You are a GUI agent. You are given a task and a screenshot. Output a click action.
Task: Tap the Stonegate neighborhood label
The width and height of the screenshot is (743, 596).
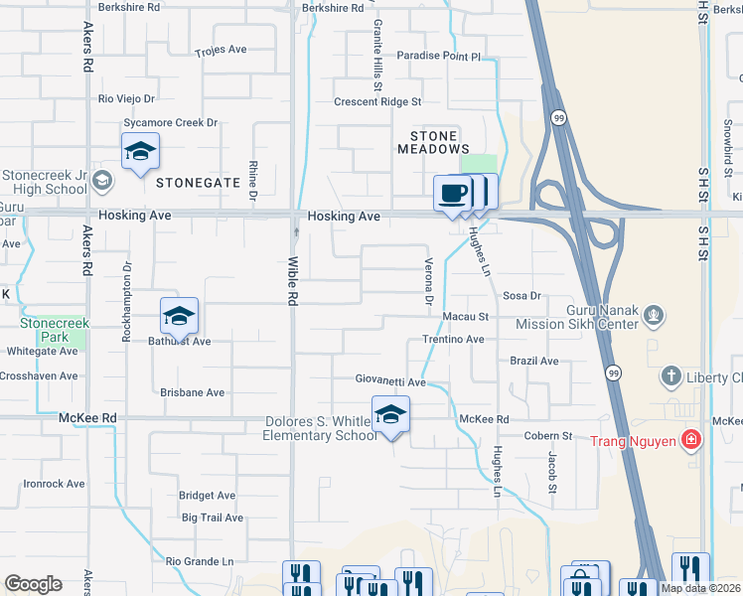[198, 183]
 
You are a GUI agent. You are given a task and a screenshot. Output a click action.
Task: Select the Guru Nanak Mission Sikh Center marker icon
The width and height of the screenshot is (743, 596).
[653, 316]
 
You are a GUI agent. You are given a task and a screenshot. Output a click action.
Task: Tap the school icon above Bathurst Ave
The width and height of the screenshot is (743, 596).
[179, 316]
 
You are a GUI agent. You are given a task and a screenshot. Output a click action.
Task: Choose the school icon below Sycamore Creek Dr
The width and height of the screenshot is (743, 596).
[140, 152]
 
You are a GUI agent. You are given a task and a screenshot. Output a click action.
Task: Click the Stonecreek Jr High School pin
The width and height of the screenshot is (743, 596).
[105, 182]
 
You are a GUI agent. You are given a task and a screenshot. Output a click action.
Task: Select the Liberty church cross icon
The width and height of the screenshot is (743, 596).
[671, 376]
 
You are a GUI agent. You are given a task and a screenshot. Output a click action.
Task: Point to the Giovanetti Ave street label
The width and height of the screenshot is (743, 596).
[391, 381]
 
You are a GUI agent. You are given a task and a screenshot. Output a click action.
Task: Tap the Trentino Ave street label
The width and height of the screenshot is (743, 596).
[452, 339]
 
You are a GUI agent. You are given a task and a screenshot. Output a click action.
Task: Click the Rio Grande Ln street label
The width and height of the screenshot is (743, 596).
[199, 561]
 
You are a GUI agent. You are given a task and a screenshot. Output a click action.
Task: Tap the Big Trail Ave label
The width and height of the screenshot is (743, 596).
[212, 518]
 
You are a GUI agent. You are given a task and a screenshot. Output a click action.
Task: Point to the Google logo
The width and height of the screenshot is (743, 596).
[33, 584]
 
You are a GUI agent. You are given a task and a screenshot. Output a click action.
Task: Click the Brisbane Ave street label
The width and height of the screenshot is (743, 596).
[192, 392]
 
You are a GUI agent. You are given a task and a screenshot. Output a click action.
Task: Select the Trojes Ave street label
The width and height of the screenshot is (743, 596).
[221, 50]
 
